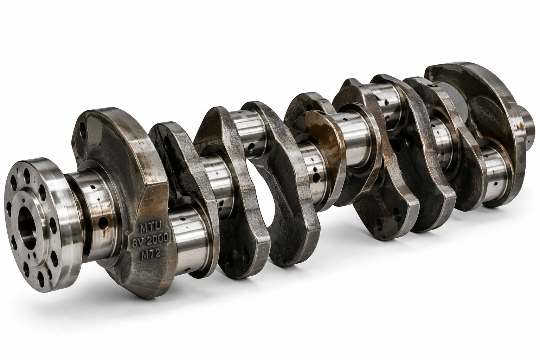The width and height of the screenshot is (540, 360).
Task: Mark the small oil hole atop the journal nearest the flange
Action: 93,187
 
